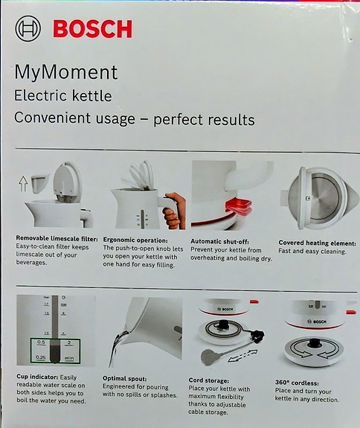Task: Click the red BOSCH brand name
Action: point(92,30)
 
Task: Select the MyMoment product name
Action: point(66,73)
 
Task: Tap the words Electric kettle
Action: point(63,96)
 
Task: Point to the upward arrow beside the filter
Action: point(22,180)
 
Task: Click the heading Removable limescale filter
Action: point(56,239)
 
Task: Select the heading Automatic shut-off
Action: point(222,241)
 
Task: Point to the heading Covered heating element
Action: point(317,243)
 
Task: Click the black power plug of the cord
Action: point(258,334)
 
